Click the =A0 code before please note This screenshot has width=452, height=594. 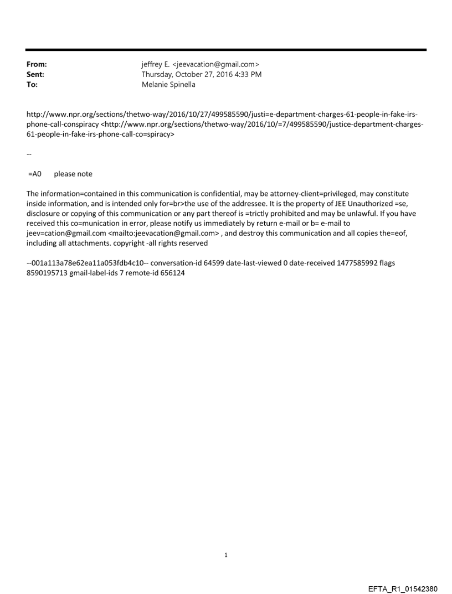tap(35, 174)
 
